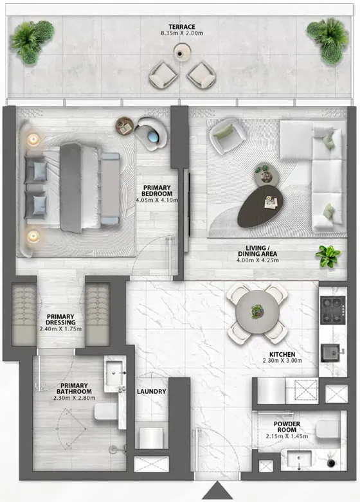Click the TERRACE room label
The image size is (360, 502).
(181, 27)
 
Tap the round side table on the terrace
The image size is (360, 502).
(182, 52)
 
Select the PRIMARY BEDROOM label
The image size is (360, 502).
(157, 190)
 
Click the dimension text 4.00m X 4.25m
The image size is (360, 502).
(258, 260)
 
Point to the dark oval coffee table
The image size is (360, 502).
(260, 206)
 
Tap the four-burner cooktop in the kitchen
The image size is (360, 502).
(333, 310)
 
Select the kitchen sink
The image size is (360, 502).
(331, 353)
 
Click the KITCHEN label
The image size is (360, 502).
(282, 354)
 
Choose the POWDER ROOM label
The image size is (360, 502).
(287, 427)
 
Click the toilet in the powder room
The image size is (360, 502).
(327, 429)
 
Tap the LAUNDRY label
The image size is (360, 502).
(151, 391)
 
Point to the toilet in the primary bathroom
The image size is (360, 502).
(106, 411)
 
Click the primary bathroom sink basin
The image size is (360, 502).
(114, 373)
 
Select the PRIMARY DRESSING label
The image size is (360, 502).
(60, 319)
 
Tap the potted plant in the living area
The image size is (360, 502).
(328, 256)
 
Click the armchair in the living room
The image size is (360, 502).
(228, 136)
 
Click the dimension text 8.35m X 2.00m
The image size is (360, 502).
(181, 33)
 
